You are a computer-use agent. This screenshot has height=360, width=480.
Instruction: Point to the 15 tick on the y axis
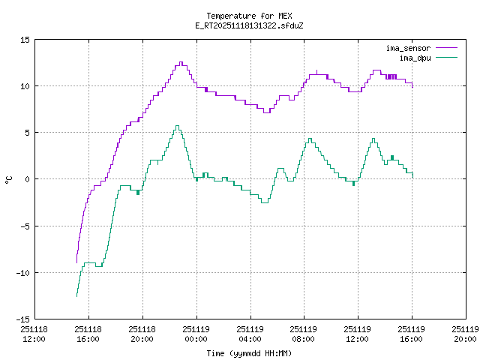pos(25,40)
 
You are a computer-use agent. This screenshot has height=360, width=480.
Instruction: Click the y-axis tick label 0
pos(28,179)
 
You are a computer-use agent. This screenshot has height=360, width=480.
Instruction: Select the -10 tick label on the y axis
pos(23,272)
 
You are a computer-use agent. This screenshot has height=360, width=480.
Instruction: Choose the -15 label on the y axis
pos(23,319)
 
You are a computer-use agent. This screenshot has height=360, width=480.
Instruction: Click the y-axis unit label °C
pos(8,179)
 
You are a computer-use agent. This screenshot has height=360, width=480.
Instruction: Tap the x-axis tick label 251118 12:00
pos(34,334)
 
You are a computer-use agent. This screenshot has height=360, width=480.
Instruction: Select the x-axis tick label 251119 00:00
pos(196,334)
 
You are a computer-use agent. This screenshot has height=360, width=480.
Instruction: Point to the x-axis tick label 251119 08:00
pos(303,334)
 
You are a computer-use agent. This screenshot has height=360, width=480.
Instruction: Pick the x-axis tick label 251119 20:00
pos(464,334)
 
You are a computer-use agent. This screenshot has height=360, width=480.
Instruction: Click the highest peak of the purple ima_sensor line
pos(181,62)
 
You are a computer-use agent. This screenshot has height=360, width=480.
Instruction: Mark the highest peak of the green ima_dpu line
pos(177,126)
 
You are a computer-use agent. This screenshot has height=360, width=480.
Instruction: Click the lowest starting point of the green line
pos(76,296)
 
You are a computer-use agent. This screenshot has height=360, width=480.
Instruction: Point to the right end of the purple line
pos(412,86)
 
